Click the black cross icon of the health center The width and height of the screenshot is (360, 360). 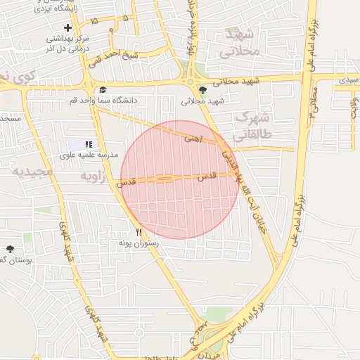point(68,27)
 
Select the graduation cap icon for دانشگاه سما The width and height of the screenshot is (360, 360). point(103,89)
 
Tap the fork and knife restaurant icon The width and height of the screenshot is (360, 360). point(139,233)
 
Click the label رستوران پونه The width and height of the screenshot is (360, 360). point(139,243)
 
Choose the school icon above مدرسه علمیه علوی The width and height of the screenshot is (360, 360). point(89,144)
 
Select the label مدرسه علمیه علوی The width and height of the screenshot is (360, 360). point(89,154)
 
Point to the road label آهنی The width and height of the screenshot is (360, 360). point(193,139)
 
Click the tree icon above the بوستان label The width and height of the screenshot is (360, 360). point(10,249)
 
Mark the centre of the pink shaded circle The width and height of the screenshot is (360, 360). point(180,179)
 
